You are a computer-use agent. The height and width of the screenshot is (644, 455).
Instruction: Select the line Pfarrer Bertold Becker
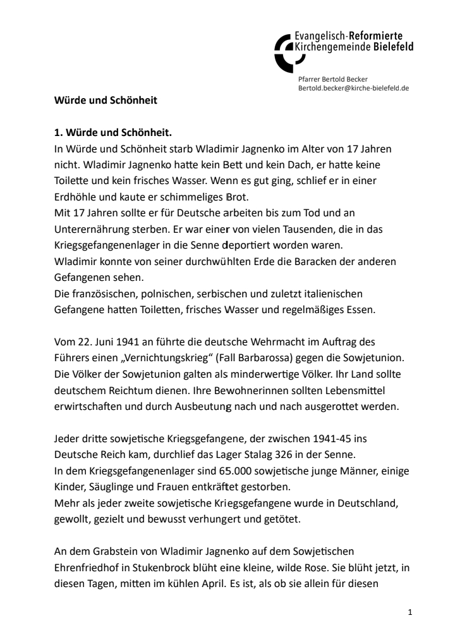(x=333, y=79)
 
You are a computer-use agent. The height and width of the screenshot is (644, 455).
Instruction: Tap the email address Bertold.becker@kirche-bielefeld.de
(x=353, y=88)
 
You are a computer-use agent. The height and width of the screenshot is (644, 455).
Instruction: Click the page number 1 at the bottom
(x=410, y=612)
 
